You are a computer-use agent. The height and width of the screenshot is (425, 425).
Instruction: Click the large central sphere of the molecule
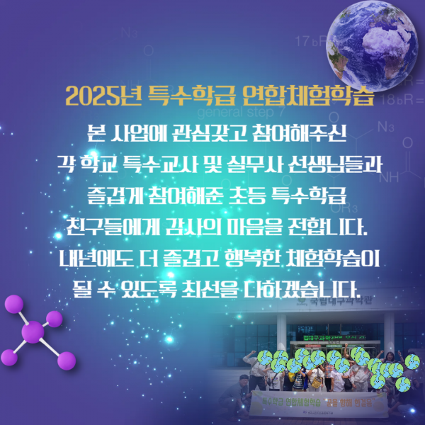pyautogui.click(x=33, y=331)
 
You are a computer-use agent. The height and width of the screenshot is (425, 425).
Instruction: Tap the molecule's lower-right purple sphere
pyautogui.click(x=67, y=361)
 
